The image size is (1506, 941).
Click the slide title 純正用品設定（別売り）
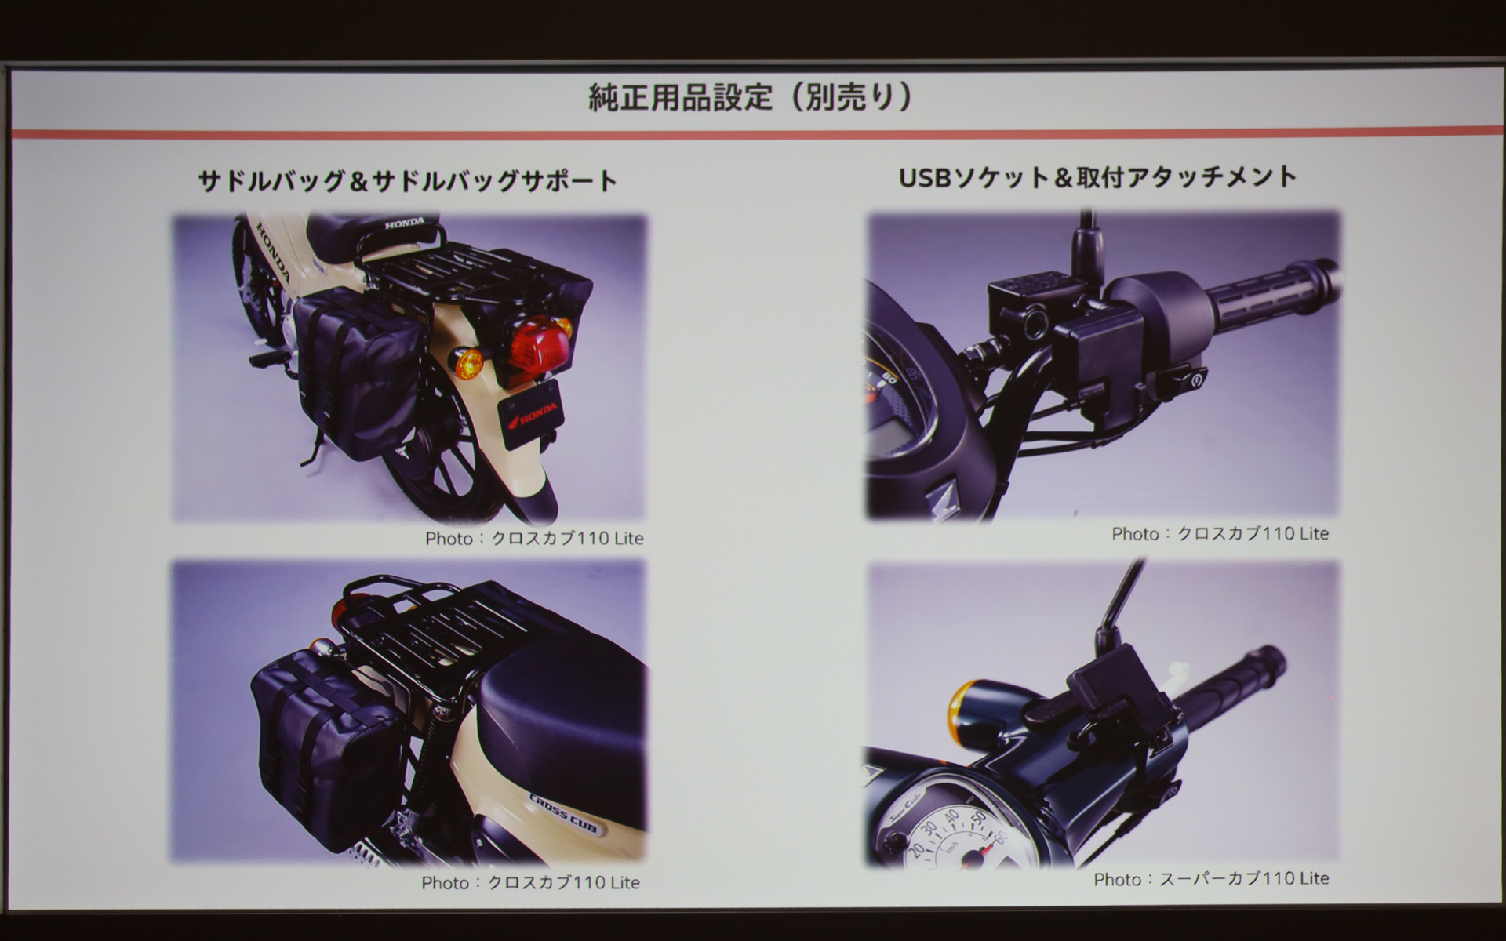point(751,97)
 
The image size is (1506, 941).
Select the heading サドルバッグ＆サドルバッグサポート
point(408,181)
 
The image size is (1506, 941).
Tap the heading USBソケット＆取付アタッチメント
point(1097,177)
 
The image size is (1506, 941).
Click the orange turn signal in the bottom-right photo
point(962,704)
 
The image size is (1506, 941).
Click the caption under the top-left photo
point(534,539)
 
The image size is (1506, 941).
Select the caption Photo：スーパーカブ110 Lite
point(1211,879)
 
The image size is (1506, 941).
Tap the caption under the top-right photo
point(1220,534)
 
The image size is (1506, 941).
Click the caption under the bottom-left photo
point(530,883)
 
